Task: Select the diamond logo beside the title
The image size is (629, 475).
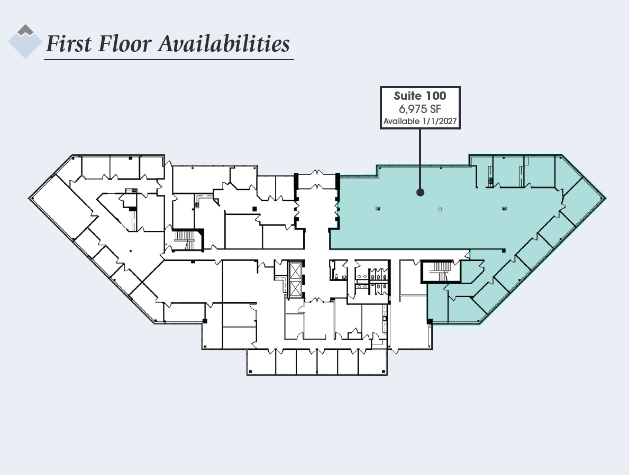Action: click(25, 41)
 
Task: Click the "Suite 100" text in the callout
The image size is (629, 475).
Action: click(420, 96)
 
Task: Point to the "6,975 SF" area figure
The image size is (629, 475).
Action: click(420, 109)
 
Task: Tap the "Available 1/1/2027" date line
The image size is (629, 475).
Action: click(420, 122)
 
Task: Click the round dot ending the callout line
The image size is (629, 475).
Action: click(420, 192)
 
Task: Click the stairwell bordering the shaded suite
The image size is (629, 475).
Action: click(437, 272)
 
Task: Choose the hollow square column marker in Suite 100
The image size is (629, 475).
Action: click(440, 209)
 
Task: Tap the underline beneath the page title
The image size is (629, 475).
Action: click(169, 60)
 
